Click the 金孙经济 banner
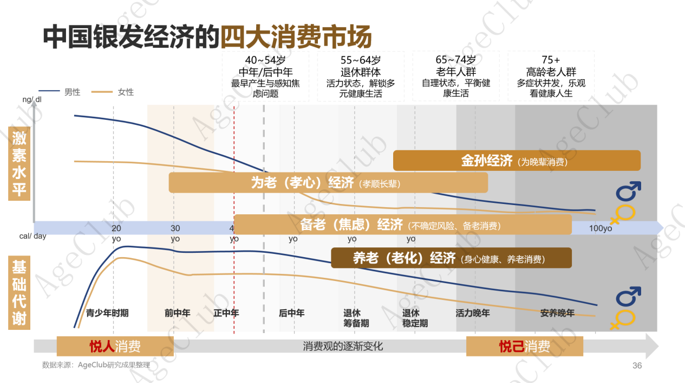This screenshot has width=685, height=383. [516, 161]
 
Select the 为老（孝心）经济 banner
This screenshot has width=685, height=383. [328, 183]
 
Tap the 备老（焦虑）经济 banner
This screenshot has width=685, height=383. [402, 225]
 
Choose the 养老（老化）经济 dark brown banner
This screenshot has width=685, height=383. [451, 258]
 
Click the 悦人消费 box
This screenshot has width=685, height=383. [115, 346]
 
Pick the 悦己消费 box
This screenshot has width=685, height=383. [524, 346]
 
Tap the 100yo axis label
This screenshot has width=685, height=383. [601, 228]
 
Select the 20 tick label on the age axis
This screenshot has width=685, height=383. [116, 228]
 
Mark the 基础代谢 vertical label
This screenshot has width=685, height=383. [19, 293]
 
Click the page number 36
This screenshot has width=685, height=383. [637, 366]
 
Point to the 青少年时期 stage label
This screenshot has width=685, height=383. [107, 313]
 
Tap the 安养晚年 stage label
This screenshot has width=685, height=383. [557, 313]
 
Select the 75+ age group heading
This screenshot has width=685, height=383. [551, 60]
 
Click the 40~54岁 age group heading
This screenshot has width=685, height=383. [265, 60]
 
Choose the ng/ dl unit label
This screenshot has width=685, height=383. [31, 99]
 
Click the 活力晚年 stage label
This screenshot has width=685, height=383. [473, 313]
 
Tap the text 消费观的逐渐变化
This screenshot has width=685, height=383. [343, 346]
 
